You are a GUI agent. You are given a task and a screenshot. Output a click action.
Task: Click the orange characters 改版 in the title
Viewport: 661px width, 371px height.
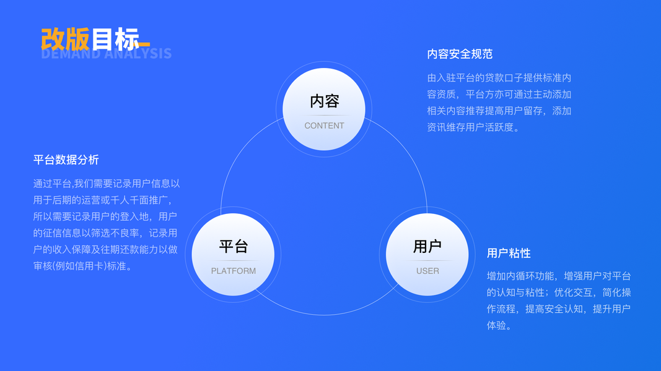coord(65,39)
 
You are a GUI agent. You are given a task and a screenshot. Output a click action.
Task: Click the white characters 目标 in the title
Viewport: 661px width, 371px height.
coord(114,39)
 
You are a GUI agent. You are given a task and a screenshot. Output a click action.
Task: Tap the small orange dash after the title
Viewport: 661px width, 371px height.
coord(143,44)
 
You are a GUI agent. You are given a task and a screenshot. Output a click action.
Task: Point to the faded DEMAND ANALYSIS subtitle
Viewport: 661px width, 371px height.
coord(106,54)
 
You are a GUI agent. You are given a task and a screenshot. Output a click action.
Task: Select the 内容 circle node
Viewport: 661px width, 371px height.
coord(324,109)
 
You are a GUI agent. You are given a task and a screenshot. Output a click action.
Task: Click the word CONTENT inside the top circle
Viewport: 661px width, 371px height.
coord(324,126)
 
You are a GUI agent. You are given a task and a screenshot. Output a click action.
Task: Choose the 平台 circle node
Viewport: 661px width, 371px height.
coord(233,254)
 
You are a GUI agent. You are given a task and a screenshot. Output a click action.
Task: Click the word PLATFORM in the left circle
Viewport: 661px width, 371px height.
coord(233,271)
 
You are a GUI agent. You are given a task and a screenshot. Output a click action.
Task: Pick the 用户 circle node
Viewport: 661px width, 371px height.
coord(427,254)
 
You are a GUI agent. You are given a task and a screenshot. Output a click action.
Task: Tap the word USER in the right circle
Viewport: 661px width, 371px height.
coord(427,271)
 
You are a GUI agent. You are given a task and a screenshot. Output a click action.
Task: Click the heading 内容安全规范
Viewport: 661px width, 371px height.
coord(460,54)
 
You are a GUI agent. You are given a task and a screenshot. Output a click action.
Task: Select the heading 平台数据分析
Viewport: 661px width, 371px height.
coord(66,160)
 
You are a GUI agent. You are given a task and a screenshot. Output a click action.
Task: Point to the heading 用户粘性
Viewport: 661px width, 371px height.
coord(509,253)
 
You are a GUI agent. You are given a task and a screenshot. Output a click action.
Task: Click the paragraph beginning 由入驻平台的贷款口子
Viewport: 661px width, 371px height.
coord(499,103)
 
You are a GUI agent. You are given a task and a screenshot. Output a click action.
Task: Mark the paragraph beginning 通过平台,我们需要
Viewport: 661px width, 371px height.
coord(106,224)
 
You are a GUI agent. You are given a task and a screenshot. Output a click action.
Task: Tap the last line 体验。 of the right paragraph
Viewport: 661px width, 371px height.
coord(499,325)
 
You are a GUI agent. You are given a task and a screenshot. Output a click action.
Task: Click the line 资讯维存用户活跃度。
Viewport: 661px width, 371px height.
coord(473,127)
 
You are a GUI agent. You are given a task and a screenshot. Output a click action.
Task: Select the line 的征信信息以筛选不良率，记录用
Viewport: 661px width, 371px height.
coord(105,233)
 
